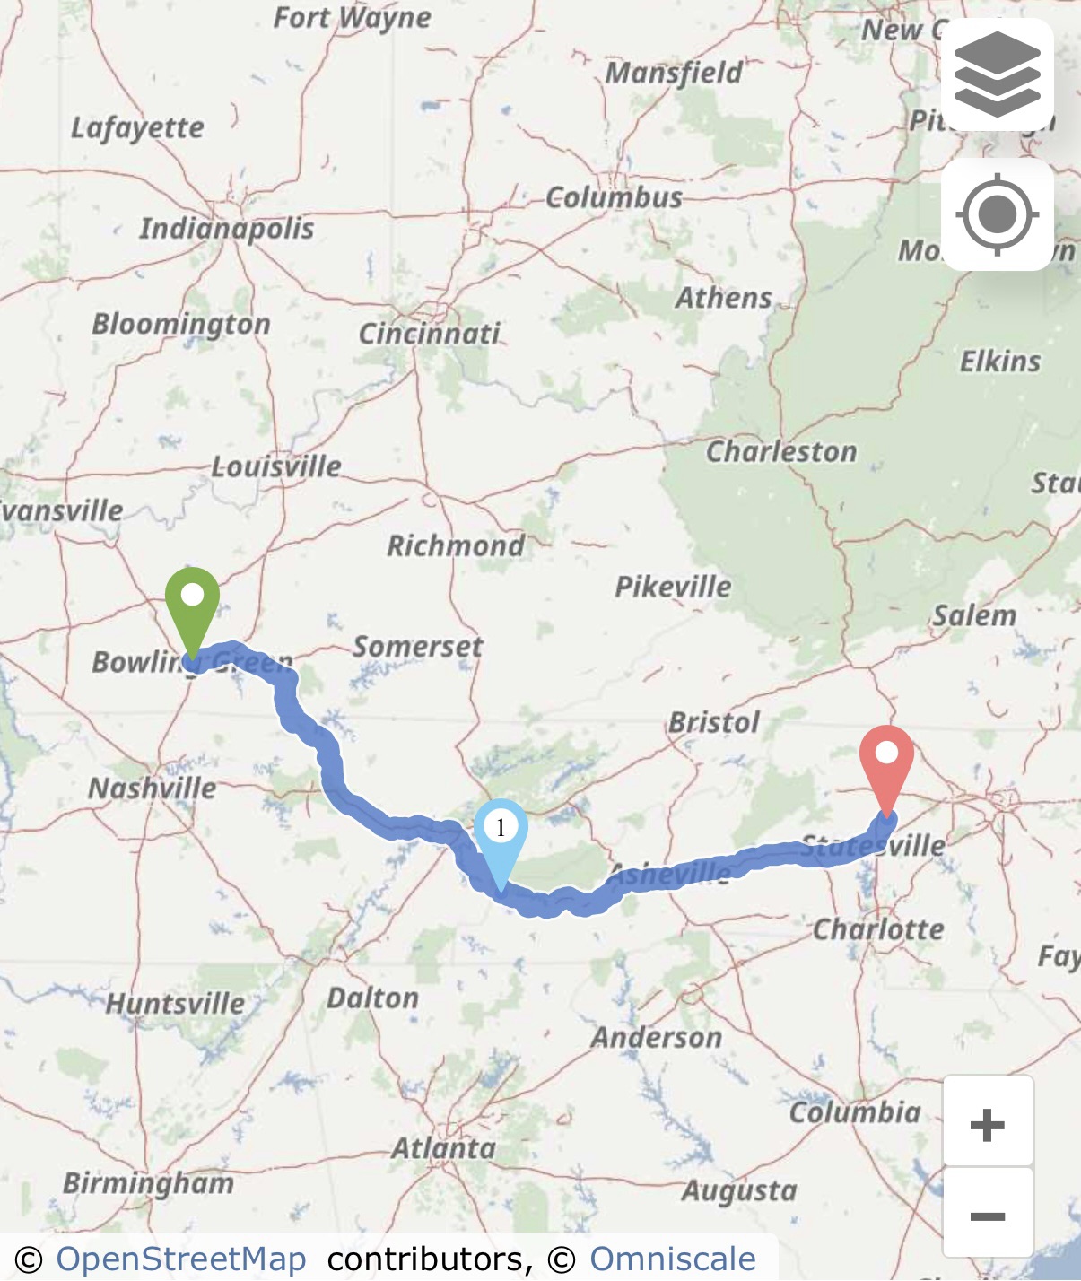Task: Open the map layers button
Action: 997,74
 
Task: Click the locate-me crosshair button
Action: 997,215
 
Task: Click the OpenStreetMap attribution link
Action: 181,1259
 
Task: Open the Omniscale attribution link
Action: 672,1259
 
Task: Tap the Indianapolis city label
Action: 226,228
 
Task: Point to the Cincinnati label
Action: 429,334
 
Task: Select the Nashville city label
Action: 153,789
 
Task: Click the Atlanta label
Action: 443,1148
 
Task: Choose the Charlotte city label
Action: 878,929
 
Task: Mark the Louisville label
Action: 276,466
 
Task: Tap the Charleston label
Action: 780,451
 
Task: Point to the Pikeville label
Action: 673,587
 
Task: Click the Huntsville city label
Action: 175,1003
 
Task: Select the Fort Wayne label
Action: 352,18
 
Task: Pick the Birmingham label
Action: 148,1183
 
